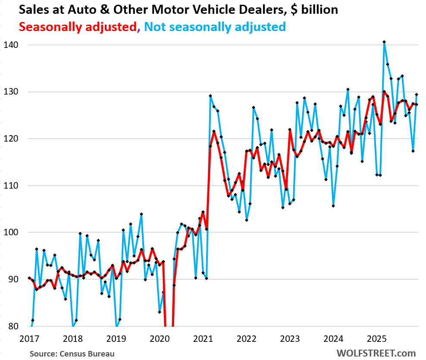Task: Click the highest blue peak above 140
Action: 384,42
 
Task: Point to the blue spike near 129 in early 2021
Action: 210,96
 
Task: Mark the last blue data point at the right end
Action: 417,95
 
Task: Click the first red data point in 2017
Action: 29,278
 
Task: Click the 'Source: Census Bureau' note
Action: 72,354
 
